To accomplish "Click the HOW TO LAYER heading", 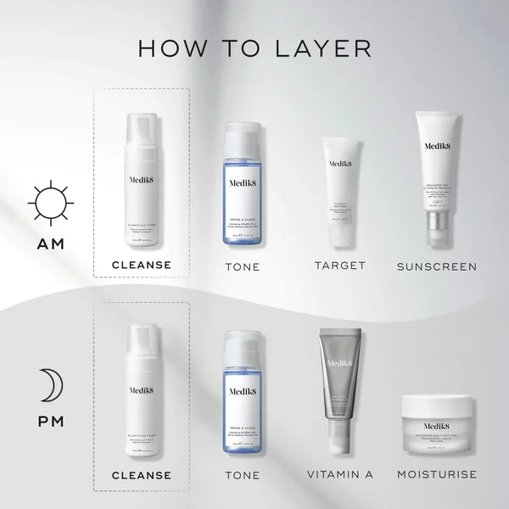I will click(x=254, y=48).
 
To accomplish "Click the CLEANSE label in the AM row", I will click(x=143, y=266).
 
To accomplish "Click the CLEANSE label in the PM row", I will click(x=143, y=475).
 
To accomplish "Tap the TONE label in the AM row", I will click(x=242, y=266).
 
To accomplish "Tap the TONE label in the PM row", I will click(x=242, y=475).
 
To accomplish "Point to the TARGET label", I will click(x=339, y=266).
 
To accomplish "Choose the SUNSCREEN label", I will click(x=437, y=266).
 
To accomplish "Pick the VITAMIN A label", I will click(x=339, y=475).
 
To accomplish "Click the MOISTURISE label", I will click(x=437, y=475).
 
